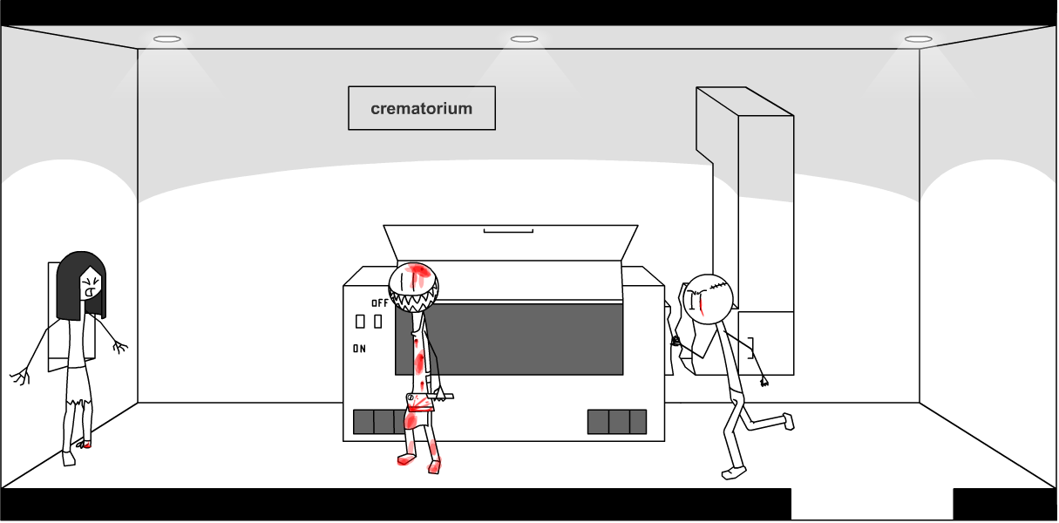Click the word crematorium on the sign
click(421, 109)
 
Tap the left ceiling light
click(167, 39)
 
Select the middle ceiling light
click(524, 39)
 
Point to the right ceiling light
click(918, 39)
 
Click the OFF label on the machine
click(380, 303)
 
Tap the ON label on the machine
click(359, 349)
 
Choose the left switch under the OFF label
click(360, 322)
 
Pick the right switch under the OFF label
click(377, 322)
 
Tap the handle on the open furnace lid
click(508, 231)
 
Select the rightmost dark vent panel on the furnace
click(638, 422)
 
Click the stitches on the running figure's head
click(717, 284)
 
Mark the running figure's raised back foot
click(788, 421)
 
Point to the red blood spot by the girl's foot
click(85, 445)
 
